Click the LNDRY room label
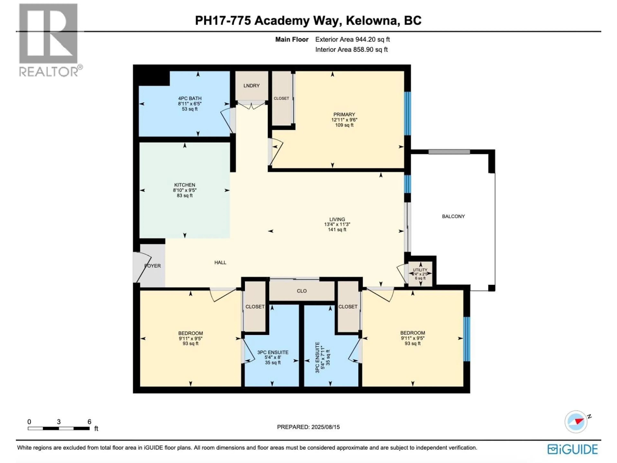[251, 86]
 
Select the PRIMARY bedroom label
[344, 114]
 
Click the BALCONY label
[453, 216]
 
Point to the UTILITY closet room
[420, 274]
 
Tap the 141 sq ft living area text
[337, 230]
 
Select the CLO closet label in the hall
[302, 291]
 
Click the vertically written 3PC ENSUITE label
[317, 358]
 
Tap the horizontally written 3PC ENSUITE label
[273, 353]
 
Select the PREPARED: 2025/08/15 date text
[308, 427]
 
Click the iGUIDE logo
[572, 449]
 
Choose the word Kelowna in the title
[372, 21]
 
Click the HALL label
[220, 263]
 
